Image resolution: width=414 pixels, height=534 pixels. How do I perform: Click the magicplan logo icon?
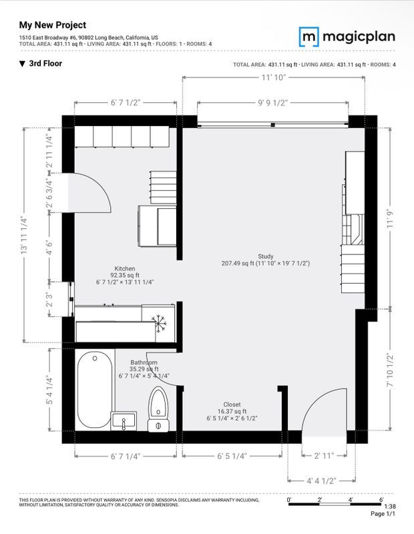pyautogui.click(x=308, y=36)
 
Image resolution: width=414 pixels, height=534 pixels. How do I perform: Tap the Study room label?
pyautogui.click(x=265, y=260)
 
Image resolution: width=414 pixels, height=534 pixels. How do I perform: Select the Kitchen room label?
pyautogui.click(x=125, y=275)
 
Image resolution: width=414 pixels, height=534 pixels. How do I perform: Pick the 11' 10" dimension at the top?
pyautogui.click(x=274, y=78)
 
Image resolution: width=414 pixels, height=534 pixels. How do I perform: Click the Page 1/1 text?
pyautogui.click(x=383, y=515)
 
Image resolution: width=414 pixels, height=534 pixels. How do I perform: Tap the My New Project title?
pyautogui.click(x=52, y=25)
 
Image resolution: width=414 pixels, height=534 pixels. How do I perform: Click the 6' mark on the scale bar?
pyautogui.click(x=381, y=499)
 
